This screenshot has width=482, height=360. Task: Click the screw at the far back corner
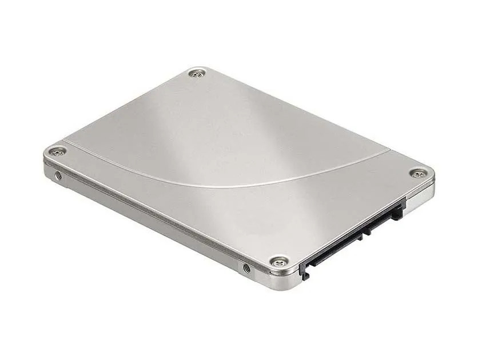tap(197, 73)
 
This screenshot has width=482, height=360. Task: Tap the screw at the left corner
tap(56, 151)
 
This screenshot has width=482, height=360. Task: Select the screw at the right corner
tap(418, 174)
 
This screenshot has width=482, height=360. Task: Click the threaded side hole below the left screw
tap(58, 175)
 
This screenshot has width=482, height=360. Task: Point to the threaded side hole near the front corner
tap(246, 267)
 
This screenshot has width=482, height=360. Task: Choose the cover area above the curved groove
tap(229, 131)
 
